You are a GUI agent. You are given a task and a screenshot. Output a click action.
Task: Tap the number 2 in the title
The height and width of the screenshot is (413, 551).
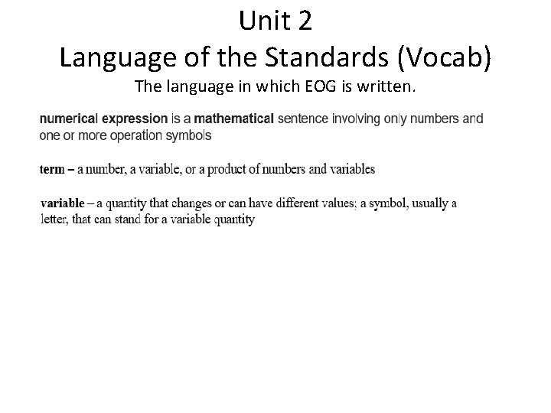pos(303,21)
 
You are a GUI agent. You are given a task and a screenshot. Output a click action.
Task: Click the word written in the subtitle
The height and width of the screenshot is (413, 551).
pos(386,86)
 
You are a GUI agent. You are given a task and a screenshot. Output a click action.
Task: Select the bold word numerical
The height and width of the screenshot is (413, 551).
pos(70,119)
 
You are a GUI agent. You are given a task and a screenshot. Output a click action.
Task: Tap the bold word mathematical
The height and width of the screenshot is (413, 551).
pos(234,119)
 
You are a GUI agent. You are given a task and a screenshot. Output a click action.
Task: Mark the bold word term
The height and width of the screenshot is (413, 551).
pos(52,169)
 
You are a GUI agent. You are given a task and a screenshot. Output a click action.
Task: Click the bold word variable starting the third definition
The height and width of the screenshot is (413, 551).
pos(63,203)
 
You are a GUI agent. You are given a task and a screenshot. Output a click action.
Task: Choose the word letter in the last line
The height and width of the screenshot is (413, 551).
pos(54,220)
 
